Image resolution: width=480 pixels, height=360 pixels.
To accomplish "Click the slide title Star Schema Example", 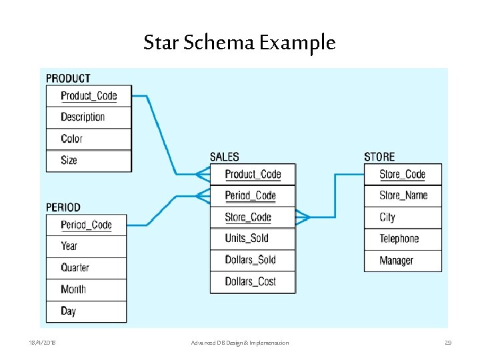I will click(239, 43).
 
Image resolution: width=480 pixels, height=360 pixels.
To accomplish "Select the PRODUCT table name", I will click(68, 79).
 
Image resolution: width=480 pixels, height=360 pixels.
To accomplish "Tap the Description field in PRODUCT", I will click(83, 117).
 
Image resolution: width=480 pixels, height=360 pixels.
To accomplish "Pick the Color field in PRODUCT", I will click(71, 139).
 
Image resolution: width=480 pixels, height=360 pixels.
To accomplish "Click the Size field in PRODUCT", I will click(69, 160).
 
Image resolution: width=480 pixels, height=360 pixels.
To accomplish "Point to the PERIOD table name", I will click(63, 208).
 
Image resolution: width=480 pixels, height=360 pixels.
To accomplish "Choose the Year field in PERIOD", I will click(69, 246).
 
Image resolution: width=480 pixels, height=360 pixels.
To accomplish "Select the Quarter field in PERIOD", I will click(75, 267).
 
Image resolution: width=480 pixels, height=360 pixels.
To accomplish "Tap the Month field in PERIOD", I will click(73, 289).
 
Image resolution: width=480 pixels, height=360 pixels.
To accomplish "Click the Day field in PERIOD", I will click(68, 311).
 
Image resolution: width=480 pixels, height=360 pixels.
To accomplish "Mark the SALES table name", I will click(224, 157).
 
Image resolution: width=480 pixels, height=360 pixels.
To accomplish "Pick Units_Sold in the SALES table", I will click(247, 239).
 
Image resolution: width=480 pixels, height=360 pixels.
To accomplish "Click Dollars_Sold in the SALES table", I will click(250, 260).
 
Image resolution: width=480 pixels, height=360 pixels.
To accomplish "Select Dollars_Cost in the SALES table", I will click(250, 281).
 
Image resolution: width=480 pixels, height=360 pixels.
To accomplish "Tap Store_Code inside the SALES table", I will click(248, 217).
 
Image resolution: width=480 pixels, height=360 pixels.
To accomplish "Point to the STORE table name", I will click(379, 157).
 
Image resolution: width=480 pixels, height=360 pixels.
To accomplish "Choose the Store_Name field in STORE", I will click(403, 195).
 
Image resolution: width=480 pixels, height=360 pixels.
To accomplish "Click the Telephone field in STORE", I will click(399, 239).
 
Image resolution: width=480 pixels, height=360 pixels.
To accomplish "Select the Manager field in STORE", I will click(396, 261).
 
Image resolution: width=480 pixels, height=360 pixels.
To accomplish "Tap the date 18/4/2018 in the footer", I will click(42, 343).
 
